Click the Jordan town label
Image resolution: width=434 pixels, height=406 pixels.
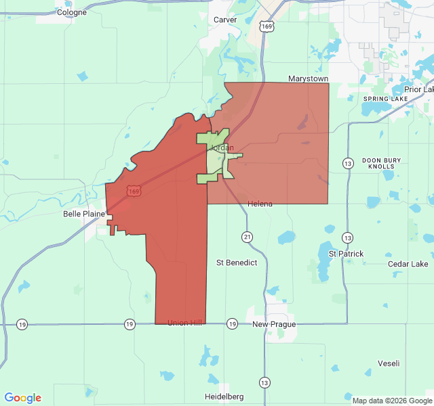tap(222, 148)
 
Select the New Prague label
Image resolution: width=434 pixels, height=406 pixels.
tap(274, 325)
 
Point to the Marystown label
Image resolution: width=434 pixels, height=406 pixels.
tap(308, 79)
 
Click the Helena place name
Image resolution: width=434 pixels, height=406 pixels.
tap(260, 204)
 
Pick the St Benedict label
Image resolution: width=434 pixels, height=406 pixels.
tap(237, 263)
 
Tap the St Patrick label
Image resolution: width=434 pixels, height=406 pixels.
tap(346, 254)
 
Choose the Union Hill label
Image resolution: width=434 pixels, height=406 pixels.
tap(184, 323)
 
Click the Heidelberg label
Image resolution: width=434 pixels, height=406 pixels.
tap(224, 397)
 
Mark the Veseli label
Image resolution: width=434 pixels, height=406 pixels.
tap(389, 363)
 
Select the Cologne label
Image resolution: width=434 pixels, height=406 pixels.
tap(72, 12)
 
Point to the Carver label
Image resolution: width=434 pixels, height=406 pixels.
tap(225, 20)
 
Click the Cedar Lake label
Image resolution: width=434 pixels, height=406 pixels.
tap(408, 264)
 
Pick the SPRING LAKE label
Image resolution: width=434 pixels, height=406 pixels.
tap(385, 99)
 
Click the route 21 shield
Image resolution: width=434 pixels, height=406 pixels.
tap(247, 236)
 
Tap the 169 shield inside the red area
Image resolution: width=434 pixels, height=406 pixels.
tap(134, 192)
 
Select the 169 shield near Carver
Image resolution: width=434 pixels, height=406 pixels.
tap(269, 26)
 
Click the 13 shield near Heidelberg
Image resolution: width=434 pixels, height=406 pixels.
tap(264, 382)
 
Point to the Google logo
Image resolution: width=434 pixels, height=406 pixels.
tap(23, 398)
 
